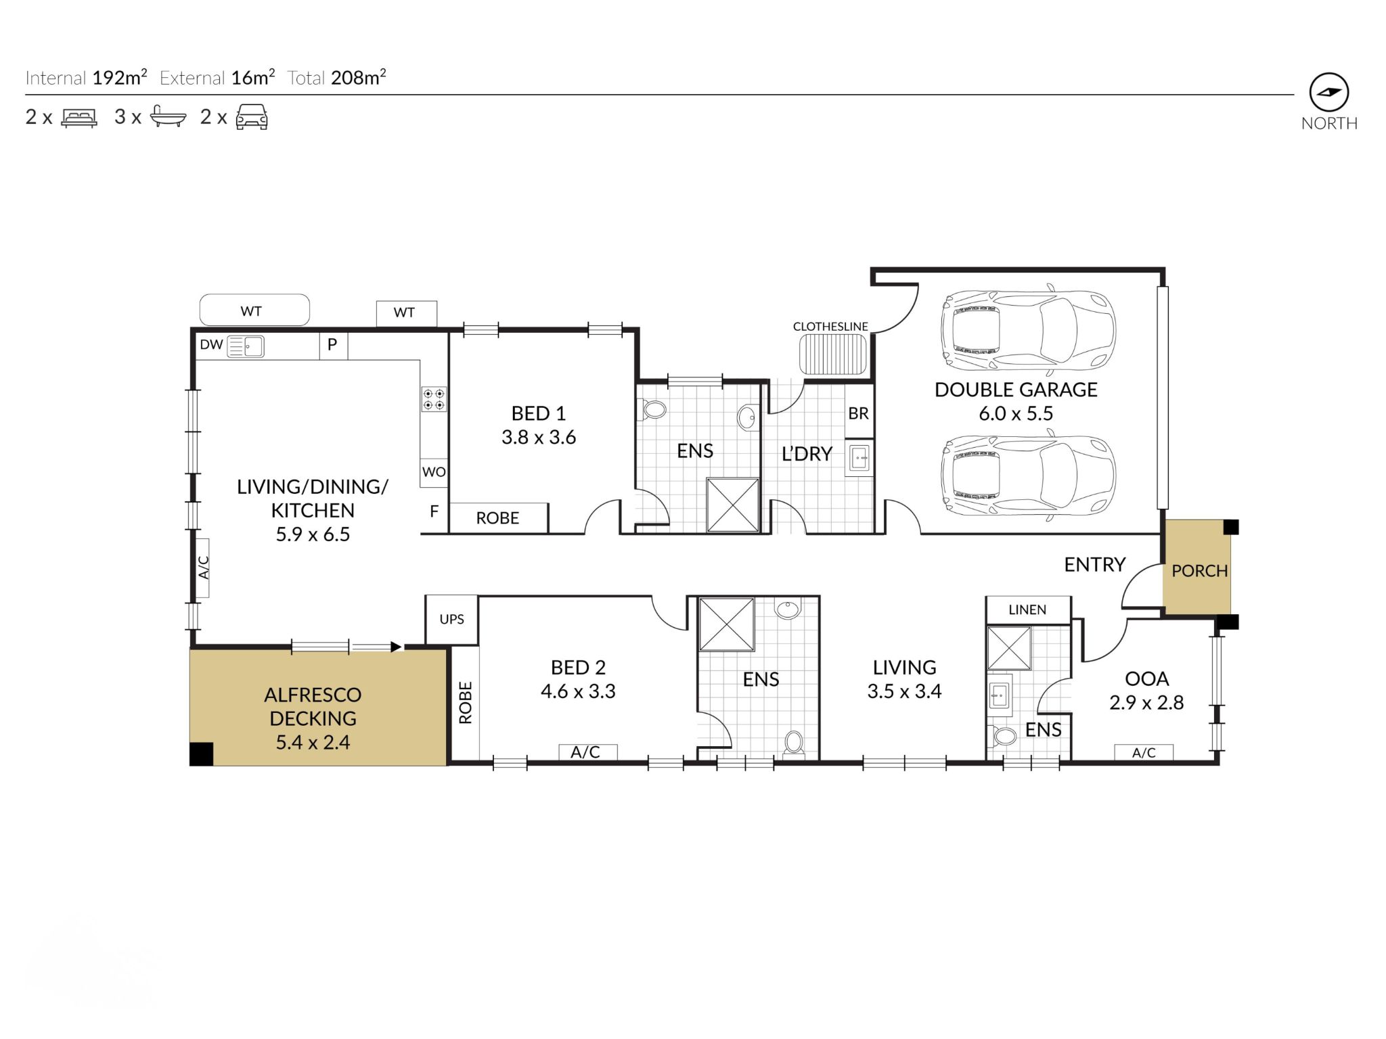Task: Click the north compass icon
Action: coord(1328,93)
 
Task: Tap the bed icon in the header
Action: coord(79,118)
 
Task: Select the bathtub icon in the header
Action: coord(168,116)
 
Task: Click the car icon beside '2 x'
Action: coord(251,117)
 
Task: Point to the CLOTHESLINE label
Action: coord(830,327)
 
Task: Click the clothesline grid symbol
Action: coord(832,354)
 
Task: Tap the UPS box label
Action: coord(451,620)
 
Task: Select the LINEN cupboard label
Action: coord(1027,610)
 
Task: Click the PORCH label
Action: coord(1199,571)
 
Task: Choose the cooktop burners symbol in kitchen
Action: coord(434,399)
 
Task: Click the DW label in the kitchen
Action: coord(211,345)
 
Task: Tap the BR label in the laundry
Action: coord(858,413)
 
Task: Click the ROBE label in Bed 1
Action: coord(497,519)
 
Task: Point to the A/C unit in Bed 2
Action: coord(586,752)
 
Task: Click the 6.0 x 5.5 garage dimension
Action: coord(1016,413)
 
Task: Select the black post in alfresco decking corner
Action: coord(202,754)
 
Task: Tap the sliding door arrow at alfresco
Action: coord(396,647)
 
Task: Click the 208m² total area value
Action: coord(358,78)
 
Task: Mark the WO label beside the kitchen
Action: coord(434,472)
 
